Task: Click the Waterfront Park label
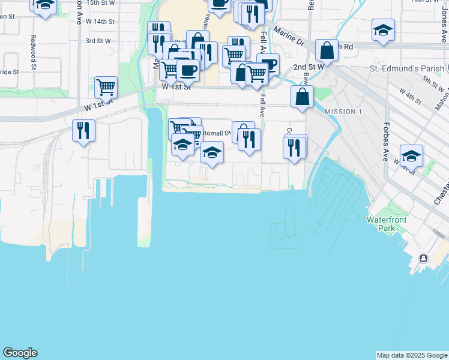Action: (x=387, y=224)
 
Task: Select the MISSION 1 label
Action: (x=343, y=112)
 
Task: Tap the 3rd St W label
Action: (x=98, y=41)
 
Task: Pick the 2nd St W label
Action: (x=308, y=67)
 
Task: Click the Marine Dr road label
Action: (x=289, y=37)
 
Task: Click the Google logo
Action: (x=20, y=353)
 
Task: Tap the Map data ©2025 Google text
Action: (x=411, y=355)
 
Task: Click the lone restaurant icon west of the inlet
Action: (x=83, y=130)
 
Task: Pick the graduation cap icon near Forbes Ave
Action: (x=411, y=155)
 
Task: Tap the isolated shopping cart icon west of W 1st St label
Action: (x=106, y=87)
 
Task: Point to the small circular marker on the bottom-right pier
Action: (x=424, y=259)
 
